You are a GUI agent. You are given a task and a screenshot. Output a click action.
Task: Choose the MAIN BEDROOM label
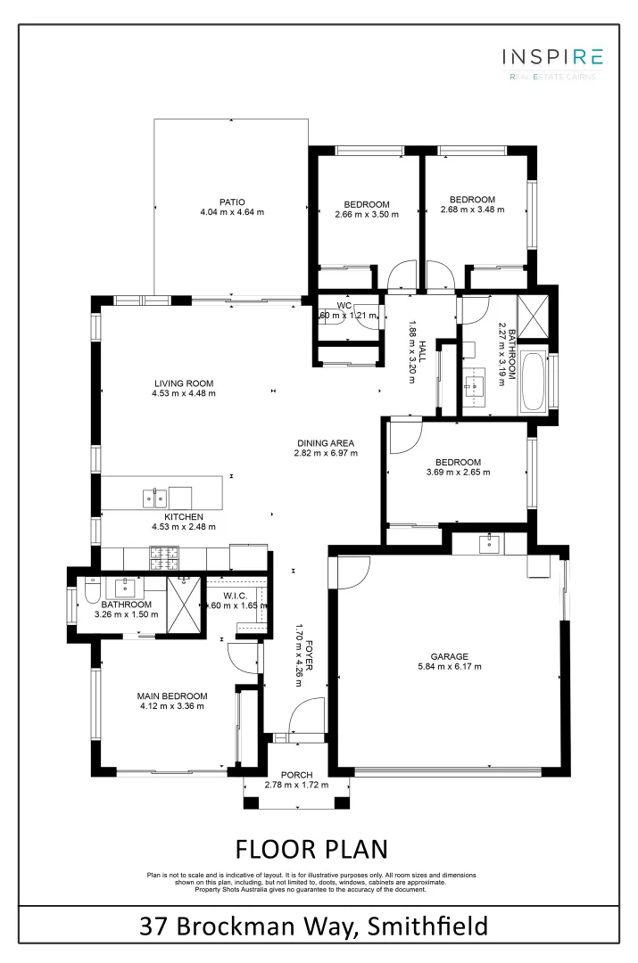171,696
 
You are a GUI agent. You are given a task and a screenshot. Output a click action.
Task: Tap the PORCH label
295,774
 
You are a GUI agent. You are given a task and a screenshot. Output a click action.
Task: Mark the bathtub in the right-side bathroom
534,383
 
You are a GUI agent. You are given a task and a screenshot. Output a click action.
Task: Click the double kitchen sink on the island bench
153,497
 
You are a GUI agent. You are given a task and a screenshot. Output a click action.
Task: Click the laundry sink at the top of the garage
490,543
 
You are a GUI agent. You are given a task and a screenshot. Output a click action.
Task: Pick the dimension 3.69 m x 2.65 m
458,472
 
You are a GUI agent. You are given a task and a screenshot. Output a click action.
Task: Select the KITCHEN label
183,516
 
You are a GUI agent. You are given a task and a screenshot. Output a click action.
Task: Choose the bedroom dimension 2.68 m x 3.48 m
472,210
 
